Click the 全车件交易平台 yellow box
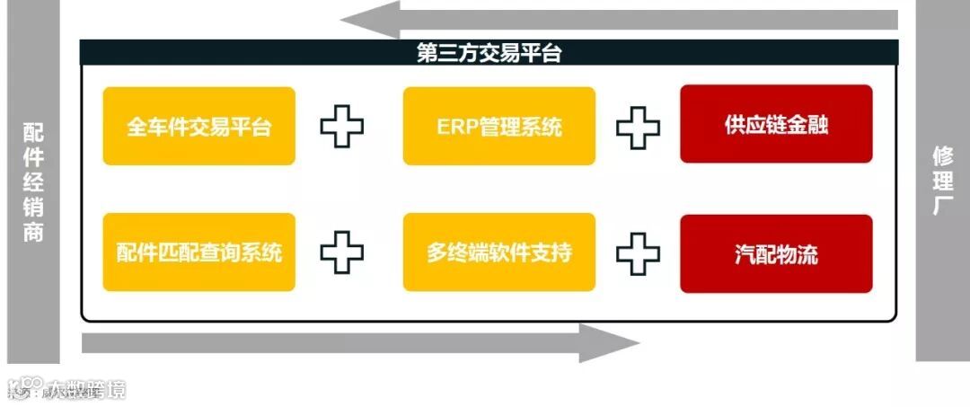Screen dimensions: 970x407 pyautogui.click(x=198, y=126)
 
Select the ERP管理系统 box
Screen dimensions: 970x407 pyautogui.click(x=498, y=126)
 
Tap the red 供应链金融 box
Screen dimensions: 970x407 pyautogui.click(x=776, y=124)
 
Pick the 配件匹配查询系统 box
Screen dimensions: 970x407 pyautogui.click(x=198, y=252)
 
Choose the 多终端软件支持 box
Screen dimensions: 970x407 pyautogui.click(x=498, y=252)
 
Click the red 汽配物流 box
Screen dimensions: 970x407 pyautogui.click(x=776, y=253)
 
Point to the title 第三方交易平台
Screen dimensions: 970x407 pyautogui.click(x=489, y=53)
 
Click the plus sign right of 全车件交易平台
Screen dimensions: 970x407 pyautogui.click(x=342, y=127)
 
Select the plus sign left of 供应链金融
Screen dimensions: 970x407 pyautogui.click(x=638, y=127)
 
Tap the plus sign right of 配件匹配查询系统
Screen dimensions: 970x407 pyautogui.click(x=342, y=252)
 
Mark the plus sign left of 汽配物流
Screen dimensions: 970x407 pyautogui.click(x=638, y=252)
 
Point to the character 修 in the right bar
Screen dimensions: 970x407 pyautogui.click(x=942, y=155)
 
